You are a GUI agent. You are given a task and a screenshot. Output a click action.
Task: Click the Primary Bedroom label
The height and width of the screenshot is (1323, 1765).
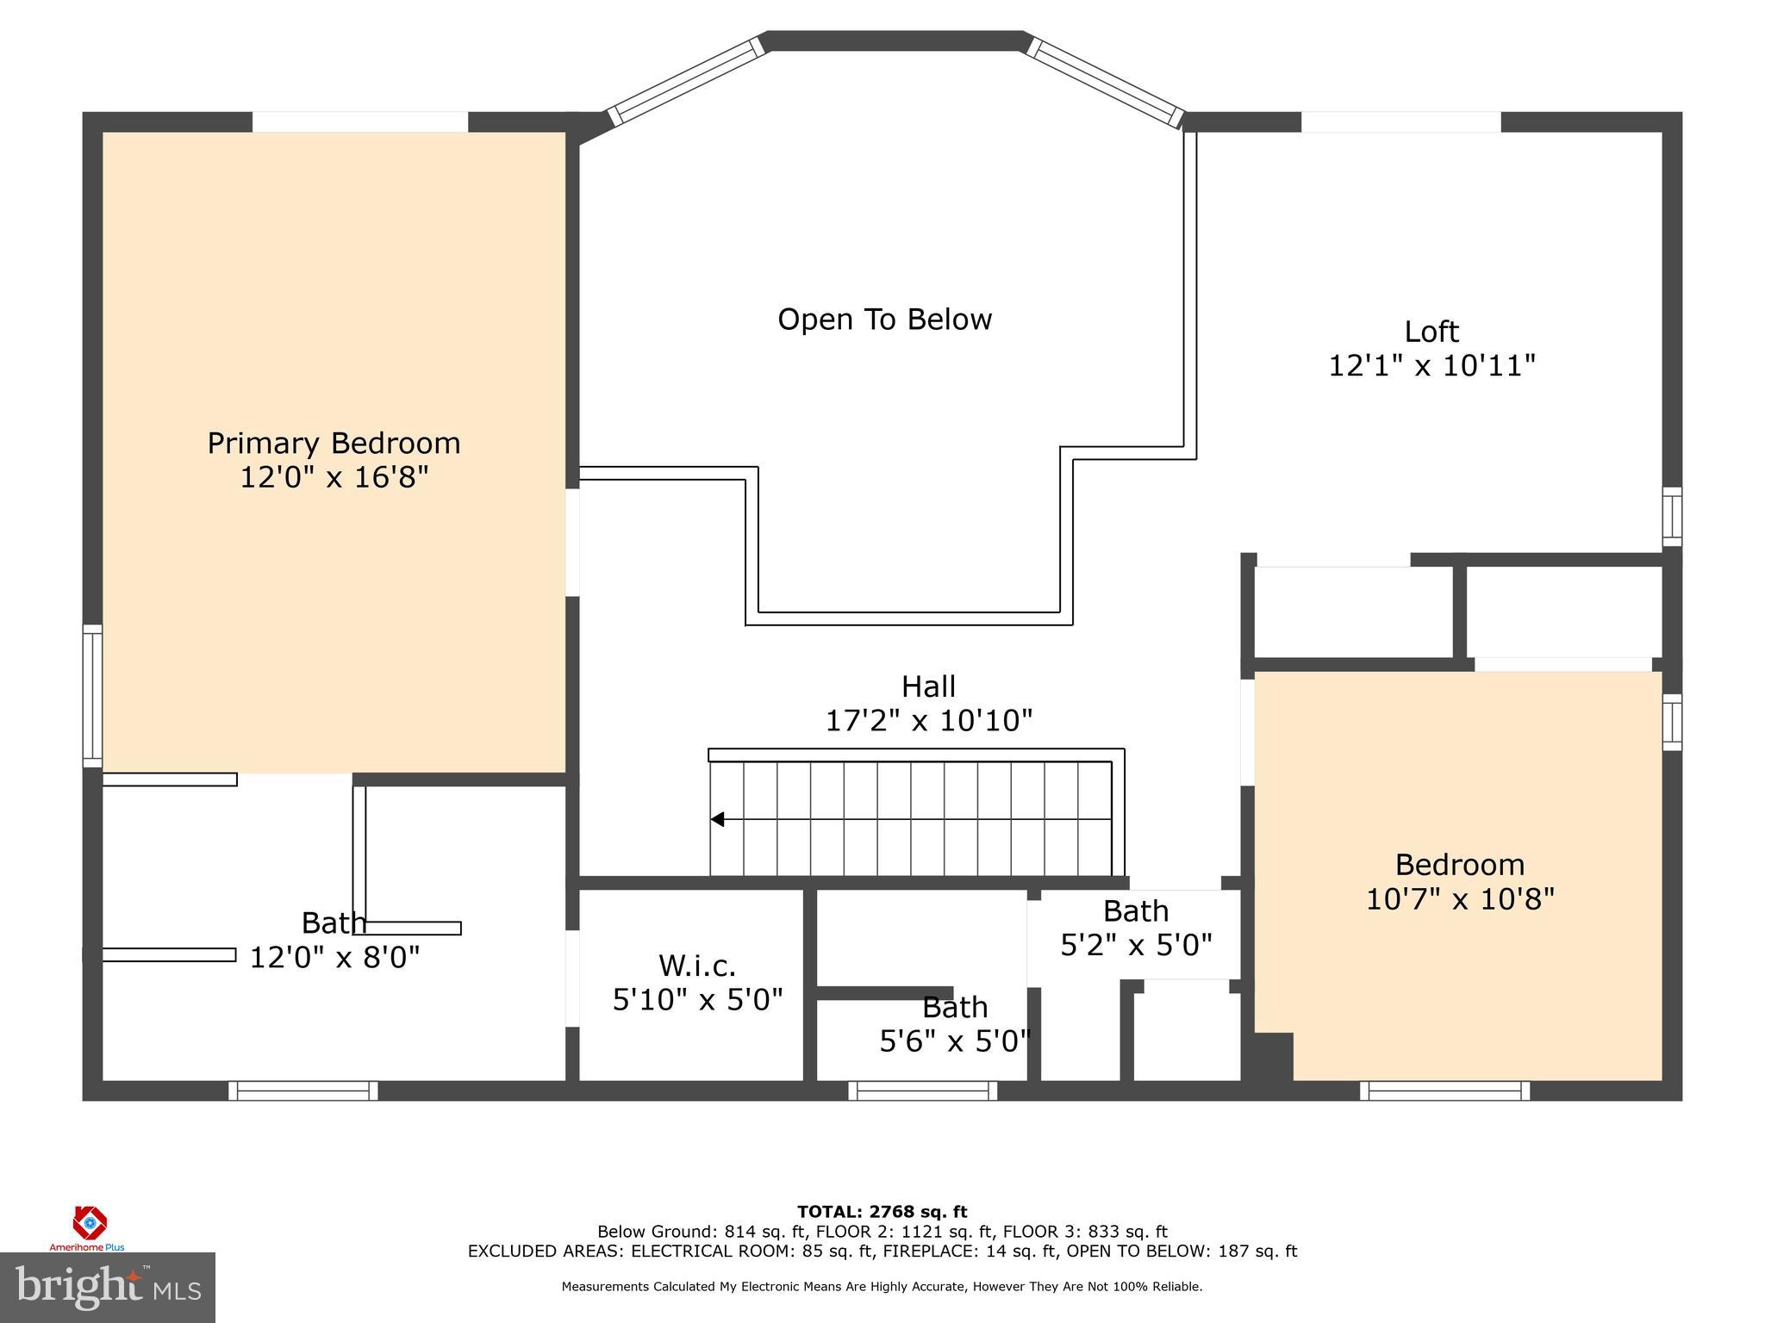334,444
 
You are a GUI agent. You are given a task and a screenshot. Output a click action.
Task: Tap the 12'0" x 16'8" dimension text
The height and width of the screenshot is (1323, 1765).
334,477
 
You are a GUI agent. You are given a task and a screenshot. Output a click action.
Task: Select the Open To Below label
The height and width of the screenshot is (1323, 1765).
884,320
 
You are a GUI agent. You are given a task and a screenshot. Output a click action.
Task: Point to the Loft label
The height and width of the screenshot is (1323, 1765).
1431,332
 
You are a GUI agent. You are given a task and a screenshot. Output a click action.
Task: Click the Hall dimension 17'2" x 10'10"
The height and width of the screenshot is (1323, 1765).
928,720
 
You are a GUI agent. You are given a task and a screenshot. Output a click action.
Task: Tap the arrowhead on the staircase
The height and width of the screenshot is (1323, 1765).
717,819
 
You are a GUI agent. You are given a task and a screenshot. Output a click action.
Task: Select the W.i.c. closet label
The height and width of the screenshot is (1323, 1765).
697,966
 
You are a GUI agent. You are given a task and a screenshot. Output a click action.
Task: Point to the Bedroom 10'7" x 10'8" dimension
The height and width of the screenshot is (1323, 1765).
1460,899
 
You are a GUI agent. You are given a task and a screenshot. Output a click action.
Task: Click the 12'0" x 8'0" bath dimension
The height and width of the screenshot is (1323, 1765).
334,957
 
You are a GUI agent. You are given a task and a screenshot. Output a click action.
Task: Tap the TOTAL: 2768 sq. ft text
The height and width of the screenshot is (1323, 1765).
882,1212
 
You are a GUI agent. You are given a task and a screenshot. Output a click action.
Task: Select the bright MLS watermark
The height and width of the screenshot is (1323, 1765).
108,1287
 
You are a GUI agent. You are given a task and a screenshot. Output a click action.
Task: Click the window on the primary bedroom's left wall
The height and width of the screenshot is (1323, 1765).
92,696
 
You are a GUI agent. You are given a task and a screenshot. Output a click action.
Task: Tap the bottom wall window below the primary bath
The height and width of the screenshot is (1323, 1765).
303,1090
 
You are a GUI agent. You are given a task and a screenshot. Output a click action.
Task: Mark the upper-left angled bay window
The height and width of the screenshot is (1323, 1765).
687,80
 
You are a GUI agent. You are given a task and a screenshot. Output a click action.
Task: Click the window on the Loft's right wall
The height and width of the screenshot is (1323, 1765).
1671,516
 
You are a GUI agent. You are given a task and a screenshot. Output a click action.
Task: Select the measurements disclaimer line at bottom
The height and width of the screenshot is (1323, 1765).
882,1287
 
